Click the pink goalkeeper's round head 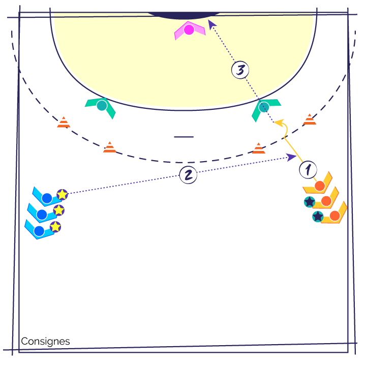coord(189,29)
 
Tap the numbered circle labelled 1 coord(308,170)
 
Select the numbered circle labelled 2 coord(188,175)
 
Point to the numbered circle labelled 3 coord(240,70)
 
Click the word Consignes coord(45,342)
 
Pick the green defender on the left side coord(101,107)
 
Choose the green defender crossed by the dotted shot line coord(265,109)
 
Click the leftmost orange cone coord(64,122)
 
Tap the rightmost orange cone coord(310,119)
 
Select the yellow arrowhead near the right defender coord(279,123)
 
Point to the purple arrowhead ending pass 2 coord(291,157)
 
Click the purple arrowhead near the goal coord(211,24)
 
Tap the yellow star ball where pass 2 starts coord(62,194)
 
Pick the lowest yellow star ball coord(55,227)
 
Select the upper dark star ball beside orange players coord(310,202)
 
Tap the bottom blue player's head coord(39,231)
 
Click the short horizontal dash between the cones coord(184,137)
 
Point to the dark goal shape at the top coord(184,15)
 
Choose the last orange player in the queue coord(334,216)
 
